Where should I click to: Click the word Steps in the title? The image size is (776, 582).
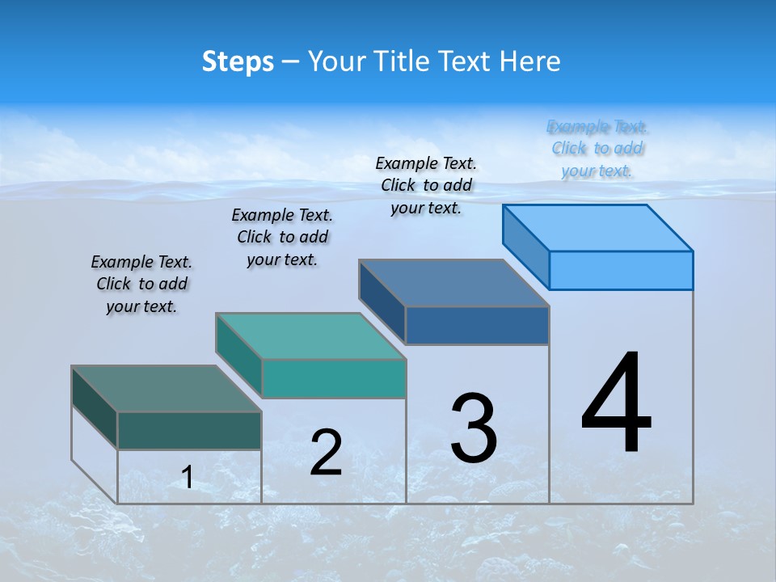[238, 61]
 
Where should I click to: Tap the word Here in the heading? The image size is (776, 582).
[530, 61]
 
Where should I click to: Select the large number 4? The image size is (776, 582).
[616, 404]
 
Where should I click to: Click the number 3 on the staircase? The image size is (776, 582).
[474, 428]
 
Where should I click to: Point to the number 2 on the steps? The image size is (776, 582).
[326, 453]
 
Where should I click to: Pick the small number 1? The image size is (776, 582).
[188, 478]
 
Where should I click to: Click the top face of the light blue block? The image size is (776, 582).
[598, 228]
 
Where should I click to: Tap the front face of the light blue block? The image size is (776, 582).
[621, 270]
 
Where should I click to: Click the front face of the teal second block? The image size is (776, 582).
[333, 378]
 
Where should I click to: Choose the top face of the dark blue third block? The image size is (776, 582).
[454, 283]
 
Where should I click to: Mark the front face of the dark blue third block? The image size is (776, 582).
[477, 325]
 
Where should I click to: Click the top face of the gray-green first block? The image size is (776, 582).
[167, 389]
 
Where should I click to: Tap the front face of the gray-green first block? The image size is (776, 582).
[189, 430]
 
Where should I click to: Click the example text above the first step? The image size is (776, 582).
[141, 284]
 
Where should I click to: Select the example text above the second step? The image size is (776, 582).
[282, 237]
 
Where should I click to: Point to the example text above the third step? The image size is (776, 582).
[426, 185]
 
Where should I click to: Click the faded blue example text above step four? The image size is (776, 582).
[597, 148]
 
